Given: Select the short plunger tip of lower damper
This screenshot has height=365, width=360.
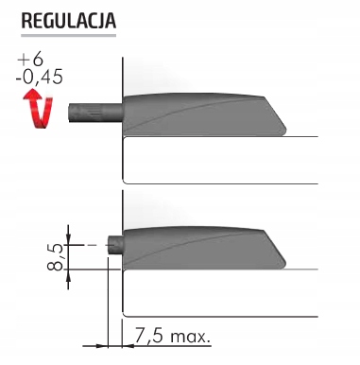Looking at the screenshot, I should click(115, 247).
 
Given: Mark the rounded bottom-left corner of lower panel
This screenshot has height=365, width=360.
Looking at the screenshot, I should click(127, 311).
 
